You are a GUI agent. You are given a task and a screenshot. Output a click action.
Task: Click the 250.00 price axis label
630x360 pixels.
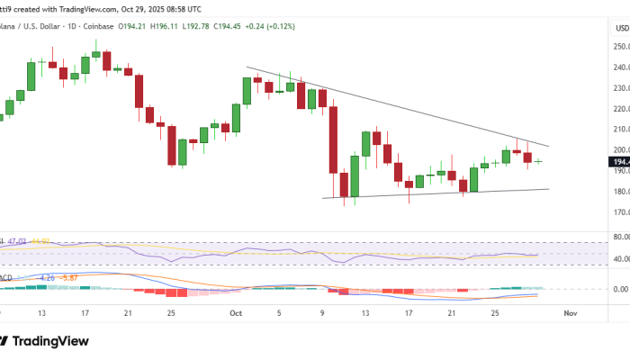[620, 46]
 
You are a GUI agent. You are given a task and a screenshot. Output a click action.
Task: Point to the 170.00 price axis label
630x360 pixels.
[620, 212]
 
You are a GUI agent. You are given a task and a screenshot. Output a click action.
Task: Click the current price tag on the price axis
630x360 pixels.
[620, 162]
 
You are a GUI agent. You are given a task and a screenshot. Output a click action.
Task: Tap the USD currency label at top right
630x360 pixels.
[621, 28]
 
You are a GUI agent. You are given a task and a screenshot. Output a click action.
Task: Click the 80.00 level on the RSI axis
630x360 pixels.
[620, 237]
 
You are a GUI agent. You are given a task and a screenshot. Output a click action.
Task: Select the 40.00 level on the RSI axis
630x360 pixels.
[620, 259]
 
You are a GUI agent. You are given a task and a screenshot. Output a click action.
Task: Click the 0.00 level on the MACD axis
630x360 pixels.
[620, 289]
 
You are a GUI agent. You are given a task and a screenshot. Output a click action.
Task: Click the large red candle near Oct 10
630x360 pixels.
[333, 139]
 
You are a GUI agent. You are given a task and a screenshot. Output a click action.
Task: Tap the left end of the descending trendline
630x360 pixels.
[247, 67]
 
